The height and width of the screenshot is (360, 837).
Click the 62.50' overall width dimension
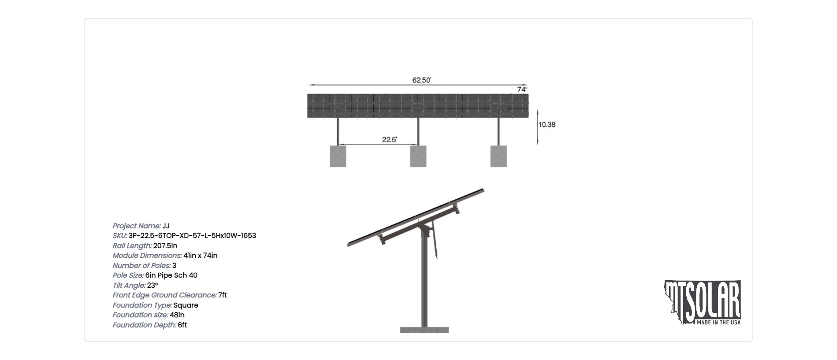tap(422, 80)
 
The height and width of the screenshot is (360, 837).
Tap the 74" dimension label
tap(522, 89)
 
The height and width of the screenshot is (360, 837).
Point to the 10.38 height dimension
tap(547, 125)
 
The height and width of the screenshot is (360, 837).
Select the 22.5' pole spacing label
tap(390, 140)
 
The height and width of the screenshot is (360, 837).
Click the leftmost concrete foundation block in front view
tap(338, 156)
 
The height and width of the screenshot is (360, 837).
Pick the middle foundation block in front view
tap(418, 156)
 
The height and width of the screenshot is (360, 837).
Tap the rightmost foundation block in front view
tap(498, 156)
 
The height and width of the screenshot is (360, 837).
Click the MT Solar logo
tap(703, 303)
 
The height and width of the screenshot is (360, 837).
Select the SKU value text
tap(192, 236)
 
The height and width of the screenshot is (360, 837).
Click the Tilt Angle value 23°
tap(153, 286)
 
